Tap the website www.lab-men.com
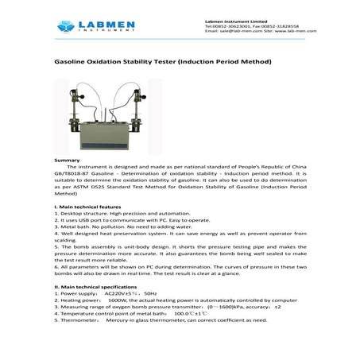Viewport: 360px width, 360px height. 295,33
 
